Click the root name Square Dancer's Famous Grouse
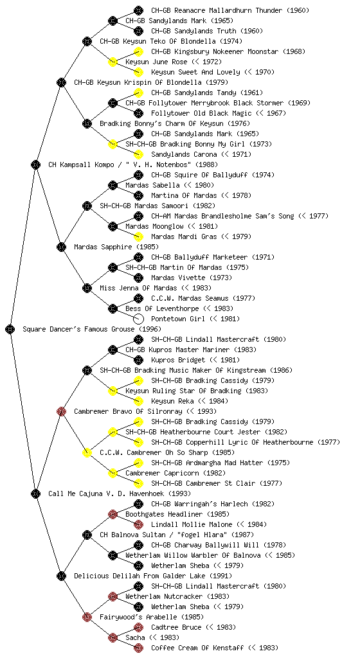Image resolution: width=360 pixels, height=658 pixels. (78, 330)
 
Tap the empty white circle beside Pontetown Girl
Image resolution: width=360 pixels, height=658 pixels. (138, 319)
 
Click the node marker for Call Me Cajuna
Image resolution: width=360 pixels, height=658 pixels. (35, 493)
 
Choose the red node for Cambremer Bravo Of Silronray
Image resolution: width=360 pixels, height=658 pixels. (61, 411)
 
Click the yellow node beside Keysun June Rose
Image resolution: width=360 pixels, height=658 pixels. (113, 62)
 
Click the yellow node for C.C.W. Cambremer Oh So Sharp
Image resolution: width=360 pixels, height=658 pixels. (87, 452)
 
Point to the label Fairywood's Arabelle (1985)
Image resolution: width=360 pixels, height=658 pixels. (152, 617)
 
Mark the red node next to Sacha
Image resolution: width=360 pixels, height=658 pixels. (113, 637)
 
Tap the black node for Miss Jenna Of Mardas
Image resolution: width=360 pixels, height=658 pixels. (87, 288)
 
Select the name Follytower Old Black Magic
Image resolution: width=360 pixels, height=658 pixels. (201, 113)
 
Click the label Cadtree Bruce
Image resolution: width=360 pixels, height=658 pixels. (176, 627)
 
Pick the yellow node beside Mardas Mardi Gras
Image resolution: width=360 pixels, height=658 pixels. (138, 236)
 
